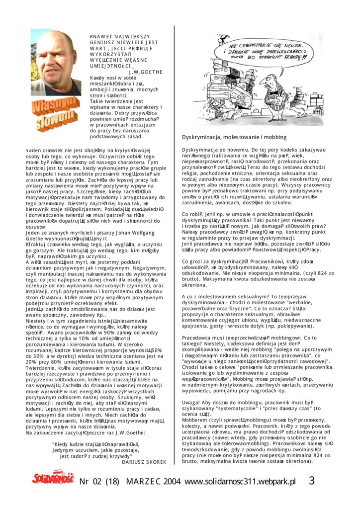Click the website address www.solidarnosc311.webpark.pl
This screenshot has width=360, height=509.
tap(240, 481)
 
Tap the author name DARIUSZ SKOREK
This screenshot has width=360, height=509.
tap(144, 462)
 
